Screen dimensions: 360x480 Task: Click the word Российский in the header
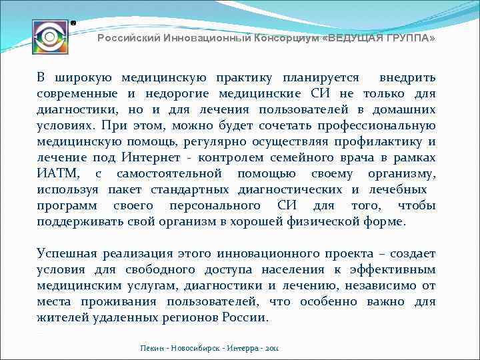coord(124,39)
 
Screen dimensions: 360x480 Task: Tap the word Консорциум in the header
coord(285,39)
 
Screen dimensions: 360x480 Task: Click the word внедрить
coord(407,77)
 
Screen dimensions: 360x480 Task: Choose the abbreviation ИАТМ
coord(58,173)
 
